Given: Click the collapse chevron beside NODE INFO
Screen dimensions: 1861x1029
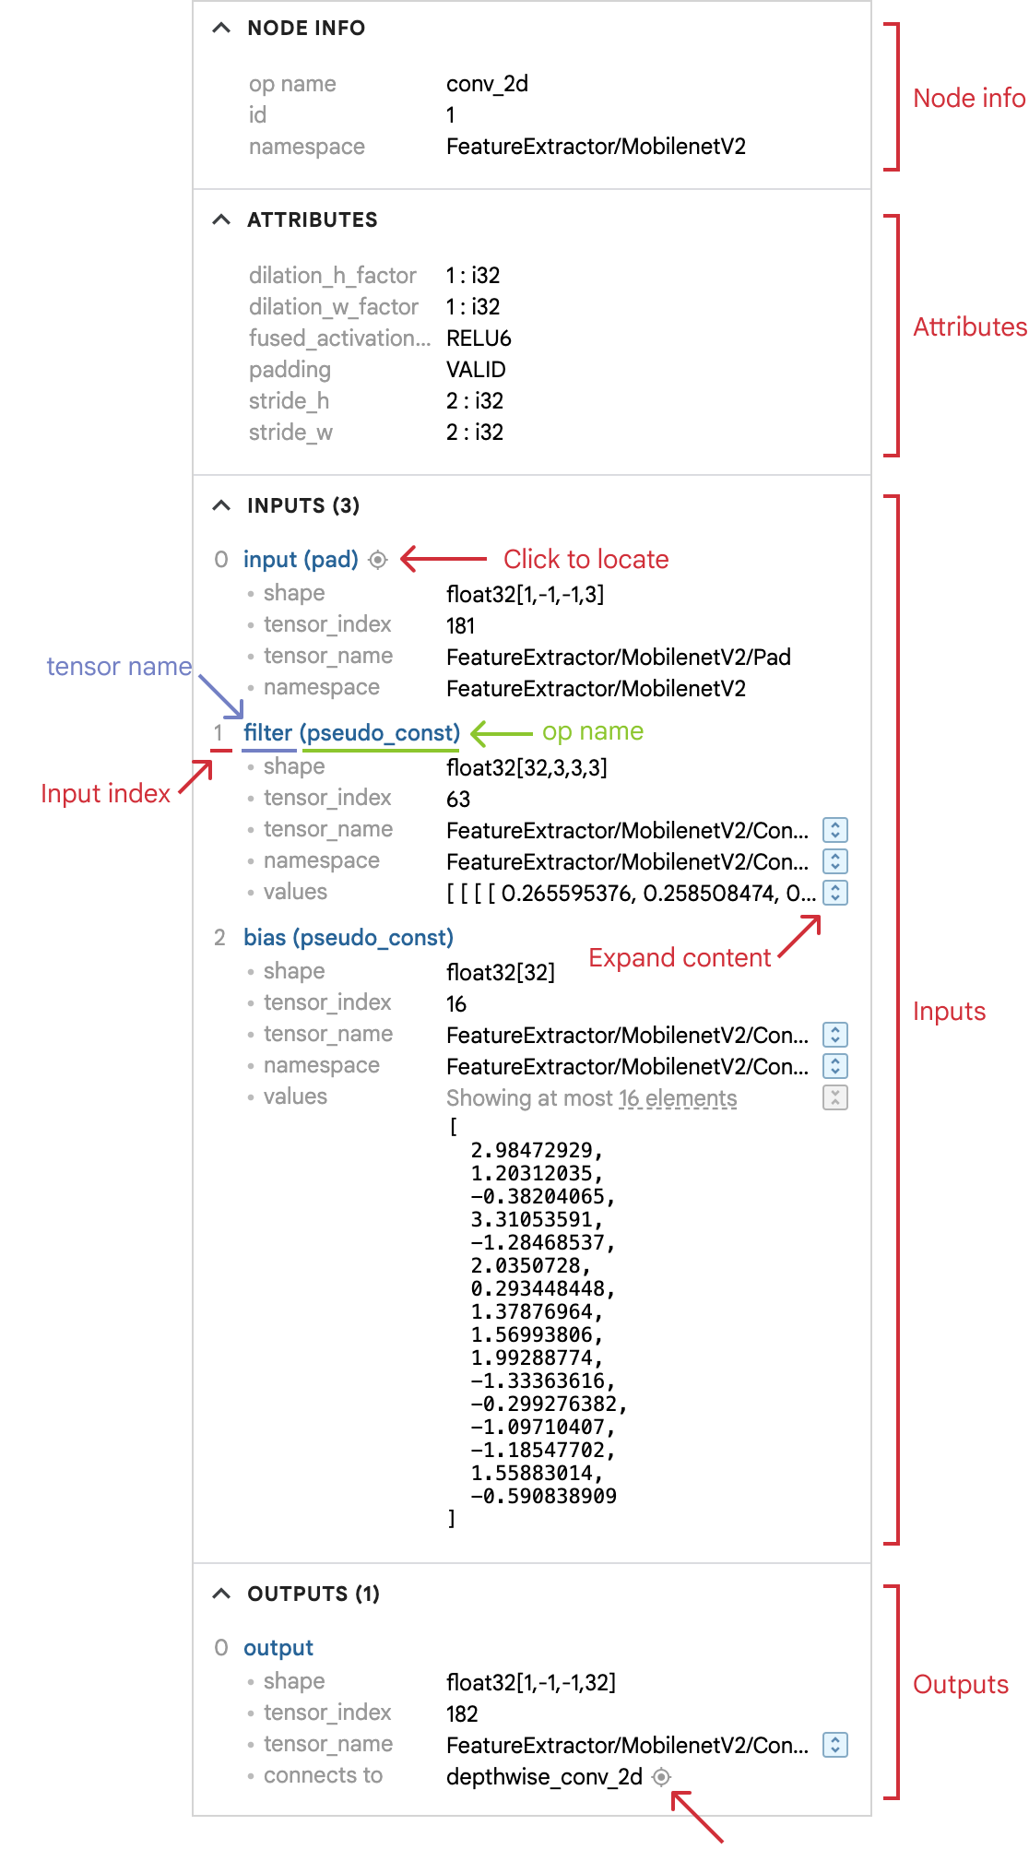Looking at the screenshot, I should coord(221,28).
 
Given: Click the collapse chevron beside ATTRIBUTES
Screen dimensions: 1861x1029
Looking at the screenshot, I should coord(221,219).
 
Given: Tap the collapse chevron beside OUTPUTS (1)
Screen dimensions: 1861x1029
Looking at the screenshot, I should coord(221,1594).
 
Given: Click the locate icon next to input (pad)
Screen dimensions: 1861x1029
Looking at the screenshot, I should coord(378,560).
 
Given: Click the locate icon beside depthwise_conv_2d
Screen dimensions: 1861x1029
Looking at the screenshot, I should coord(661,1777).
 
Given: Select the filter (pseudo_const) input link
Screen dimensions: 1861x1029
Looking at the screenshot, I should coord(351,733).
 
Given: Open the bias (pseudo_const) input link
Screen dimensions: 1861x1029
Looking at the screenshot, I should coord(348,938).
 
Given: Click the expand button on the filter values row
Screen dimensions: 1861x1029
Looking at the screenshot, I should coord(835,893).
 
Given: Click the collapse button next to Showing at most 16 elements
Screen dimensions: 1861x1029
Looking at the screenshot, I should coord(835,1097).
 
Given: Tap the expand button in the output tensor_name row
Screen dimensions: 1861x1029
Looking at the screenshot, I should coord(835,1745).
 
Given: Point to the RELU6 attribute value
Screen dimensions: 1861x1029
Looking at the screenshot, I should coord(479,338).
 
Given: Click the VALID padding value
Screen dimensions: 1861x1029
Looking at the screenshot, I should coord(476,370).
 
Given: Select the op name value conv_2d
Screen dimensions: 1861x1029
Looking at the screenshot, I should coord(487,84).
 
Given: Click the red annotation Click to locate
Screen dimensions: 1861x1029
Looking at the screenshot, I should coord(585,560).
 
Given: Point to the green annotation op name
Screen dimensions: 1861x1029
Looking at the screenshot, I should coord(592,732).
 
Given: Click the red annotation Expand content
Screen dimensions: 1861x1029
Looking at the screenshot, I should coord(680,958).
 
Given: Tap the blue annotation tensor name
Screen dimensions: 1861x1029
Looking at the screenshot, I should coord(119,667).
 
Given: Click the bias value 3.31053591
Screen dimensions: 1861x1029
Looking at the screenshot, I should coord(537,1219).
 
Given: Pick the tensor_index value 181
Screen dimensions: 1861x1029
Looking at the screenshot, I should coord(460,626).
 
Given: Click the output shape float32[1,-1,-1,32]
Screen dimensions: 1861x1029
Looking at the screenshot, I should coord(530,1683).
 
